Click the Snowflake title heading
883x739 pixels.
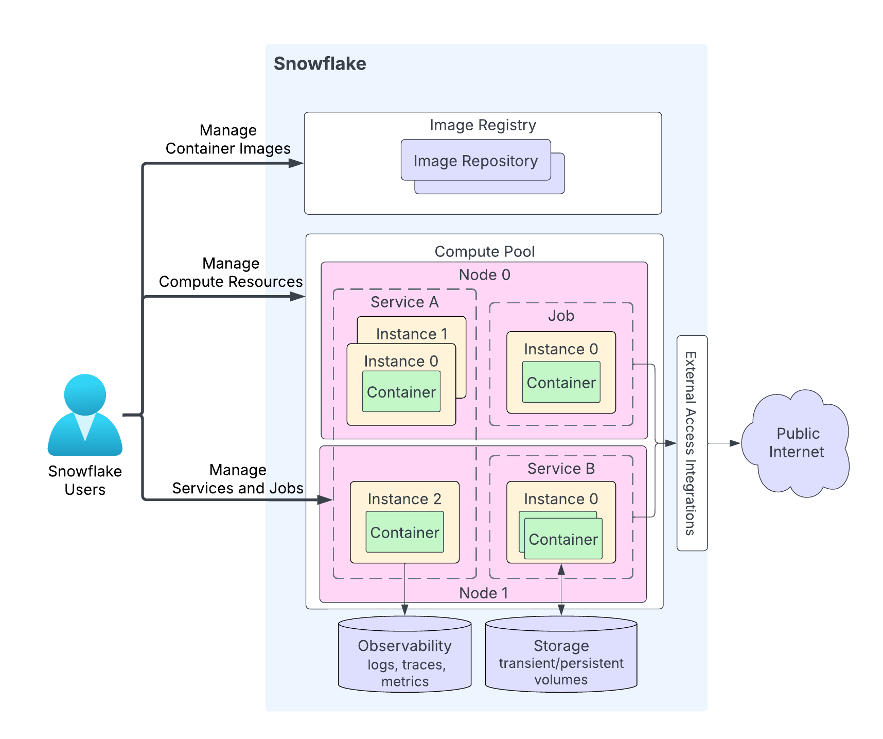[320, 64]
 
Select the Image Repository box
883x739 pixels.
[475, 161]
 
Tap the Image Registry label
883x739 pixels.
[483, 125]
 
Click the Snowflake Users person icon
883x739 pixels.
[85, 415]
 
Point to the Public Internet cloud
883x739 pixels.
[796, 443]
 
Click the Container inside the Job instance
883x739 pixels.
[561, 383]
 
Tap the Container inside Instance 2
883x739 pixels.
[404, 532]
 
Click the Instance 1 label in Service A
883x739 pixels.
[412, 334]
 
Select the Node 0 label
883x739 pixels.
[484, 275]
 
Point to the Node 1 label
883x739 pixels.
[483, 593]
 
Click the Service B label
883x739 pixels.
[561, 469]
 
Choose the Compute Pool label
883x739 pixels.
[484, 252]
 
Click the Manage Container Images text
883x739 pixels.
[228, 140]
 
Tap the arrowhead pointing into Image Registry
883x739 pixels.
[296, 164]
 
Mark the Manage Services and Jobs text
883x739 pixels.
[238, 479]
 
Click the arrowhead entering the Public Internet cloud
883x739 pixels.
[735, 443]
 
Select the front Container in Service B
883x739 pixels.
[563, 540]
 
